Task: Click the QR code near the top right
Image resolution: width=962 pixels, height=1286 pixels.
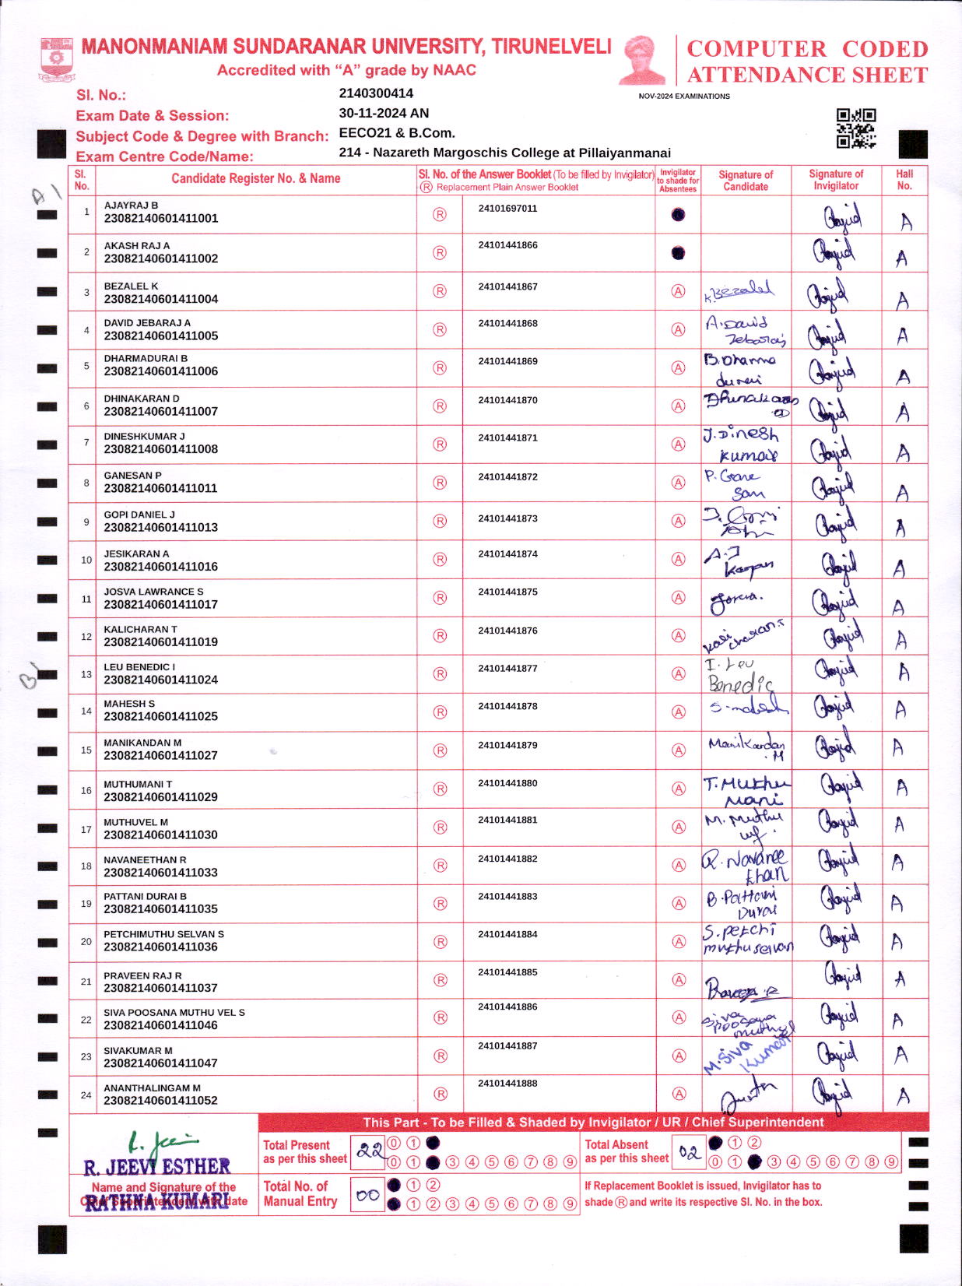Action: [x=855, y=128]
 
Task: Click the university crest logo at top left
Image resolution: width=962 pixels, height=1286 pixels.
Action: [x=55, y=59]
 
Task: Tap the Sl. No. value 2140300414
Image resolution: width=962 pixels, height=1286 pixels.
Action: [x=376, y=93]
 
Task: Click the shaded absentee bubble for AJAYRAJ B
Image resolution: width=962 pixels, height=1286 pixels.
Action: [x=678, y=214]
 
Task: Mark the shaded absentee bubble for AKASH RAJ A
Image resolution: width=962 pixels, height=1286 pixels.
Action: [x=678, y=253]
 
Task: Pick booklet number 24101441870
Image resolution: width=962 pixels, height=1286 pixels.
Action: [x=507, y=400]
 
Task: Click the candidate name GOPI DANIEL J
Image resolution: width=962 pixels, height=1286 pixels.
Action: [x=139, y=515]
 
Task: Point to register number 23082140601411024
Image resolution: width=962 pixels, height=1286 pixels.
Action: [x=160, y=680]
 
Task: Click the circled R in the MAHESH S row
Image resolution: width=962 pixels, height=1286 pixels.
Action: [x=440, y=712]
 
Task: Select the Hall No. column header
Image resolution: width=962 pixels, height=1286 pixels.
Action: [x=904, y=180]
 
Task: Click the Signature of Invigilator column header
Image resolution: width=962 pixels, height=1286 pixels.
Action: [x=836, y=180]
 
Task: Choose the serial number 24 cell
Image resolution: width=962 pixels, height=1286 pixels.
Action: [x=86, y=1095]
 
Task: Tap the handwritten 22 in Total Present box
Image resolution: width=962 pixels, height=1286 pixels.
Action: [x=370, y=1151]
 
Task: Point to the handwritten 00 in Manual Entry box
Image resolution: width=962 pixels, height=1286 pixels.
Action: [x=367, y=1195]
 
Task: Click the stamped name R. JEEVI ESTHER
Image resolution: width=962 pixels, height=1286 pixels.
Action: [x=156, y=1167]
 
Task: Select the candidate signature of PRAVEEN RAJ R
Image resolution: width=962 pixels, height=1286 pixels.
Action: [x=743, y=989]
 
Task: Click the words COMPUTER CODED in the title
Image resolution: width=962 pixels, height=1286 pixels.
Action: [x=807, y=49]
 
